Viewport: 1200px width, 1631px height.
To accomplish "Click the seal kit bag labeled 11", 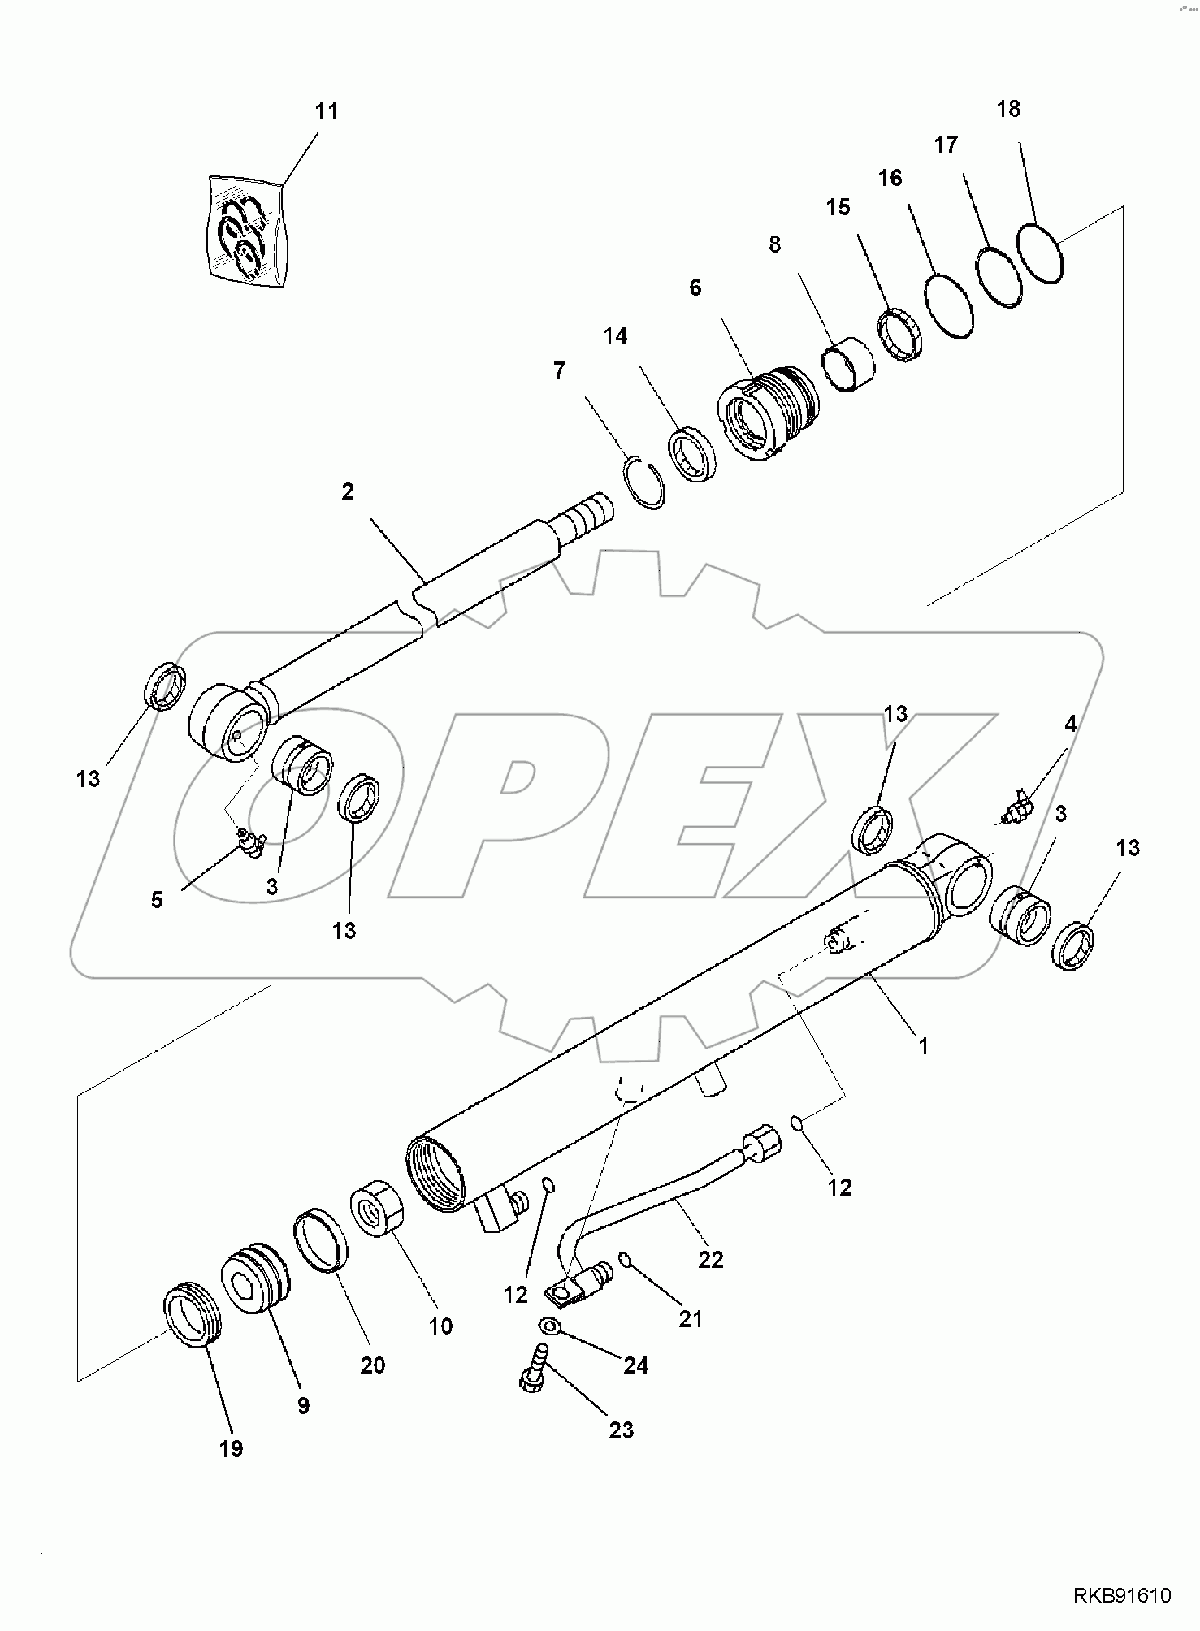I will click(247, 231).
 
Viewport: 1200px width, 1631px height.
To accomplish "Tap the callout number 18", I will click(1007, 109).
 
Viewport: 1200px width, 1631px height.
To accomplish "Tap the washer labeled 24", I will click(551, 1326).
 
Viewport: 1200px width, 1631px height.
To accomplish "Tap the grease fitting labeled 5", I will click(249, 843).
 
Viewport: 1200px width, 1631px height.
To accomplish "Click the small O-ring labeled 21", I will click(624, 1260).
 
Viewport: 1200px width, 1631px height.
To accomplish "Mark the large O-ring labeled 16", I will click(949, 305).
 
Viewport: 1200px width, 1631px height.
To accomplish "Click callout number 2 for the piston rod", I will click(348, 491).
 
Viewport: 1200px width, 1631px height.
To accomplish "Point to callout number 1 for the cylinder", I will click(922, 1046).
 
